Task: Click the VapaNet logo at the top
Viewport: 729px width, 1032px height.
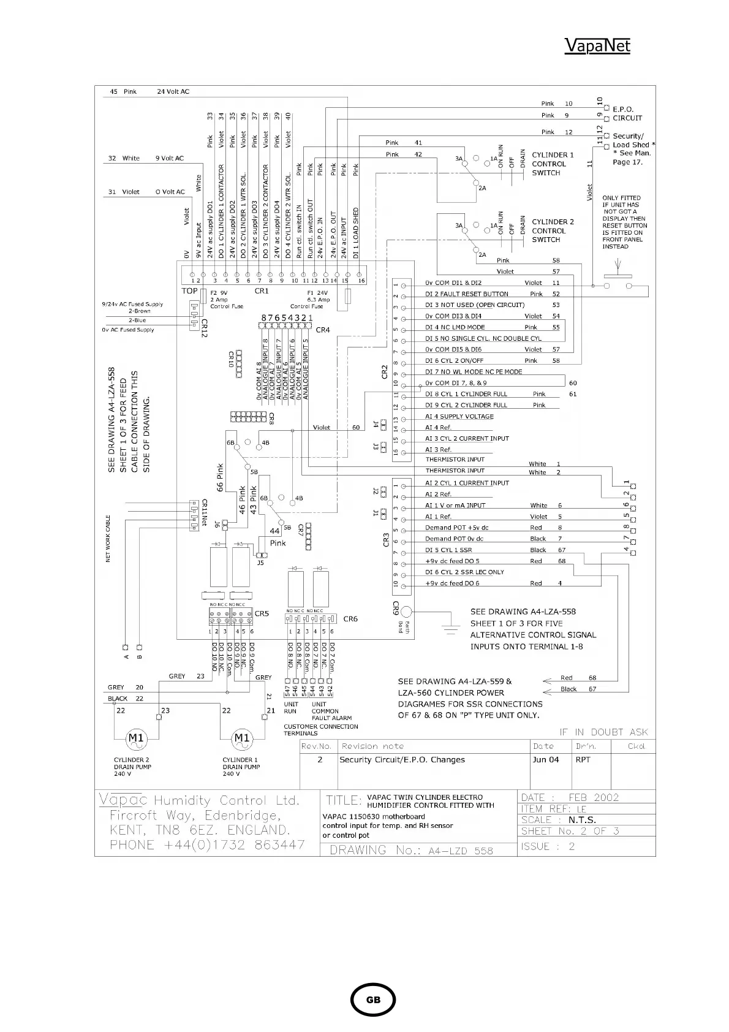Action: pos(597,46)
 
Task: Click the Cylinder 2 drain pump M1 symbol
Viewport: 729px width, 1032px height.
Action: pos(135,738)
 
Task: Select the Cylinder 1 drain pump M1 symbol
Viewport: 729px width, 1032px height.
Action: pos(242,738)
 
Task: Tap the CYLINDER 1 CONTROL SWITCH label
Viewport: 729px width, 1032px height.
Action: pos(553,164)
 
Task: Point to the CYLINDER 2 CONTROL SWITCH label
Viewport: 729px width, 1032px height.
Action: pos(553,230)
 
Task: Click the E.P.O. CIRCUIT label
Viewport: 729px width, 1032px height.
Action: pos(627,113)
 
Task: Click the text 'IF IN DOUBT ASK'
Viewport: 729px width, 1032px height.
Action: pos(603,732)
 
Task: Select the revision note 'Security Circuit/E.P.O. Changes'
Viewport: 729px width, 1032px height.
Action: pos(402,760)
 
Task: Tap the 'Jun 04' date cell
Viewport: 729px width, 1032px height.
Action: pos(545,760)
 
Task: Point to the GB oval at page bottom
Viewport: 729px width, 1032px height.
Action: pos(372,1000)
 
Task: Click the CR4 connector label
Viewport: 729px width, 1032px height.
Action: pos(323,330)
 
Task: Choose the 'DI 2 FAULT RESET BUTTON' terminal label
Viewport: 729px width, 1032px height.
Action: pos(467,294)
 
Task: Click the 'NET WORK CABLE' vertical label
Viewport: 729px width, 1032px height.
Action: pos(108,538)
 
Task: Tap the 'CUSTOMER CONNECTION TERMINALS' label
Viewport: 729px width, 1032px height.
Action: pos(320,730)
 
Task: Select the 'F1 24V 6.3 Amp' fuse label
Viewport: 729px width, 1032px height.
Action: pos(319,299)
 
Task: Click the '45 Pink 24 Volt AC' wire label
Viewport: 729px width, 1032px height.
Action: pos(149,92)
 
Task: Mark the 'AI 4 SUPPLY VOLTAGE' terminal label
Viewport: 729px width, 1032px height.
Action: pos(459,417)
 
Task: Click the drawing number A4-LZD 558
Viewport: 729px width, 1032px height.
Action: pos(411,850)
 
